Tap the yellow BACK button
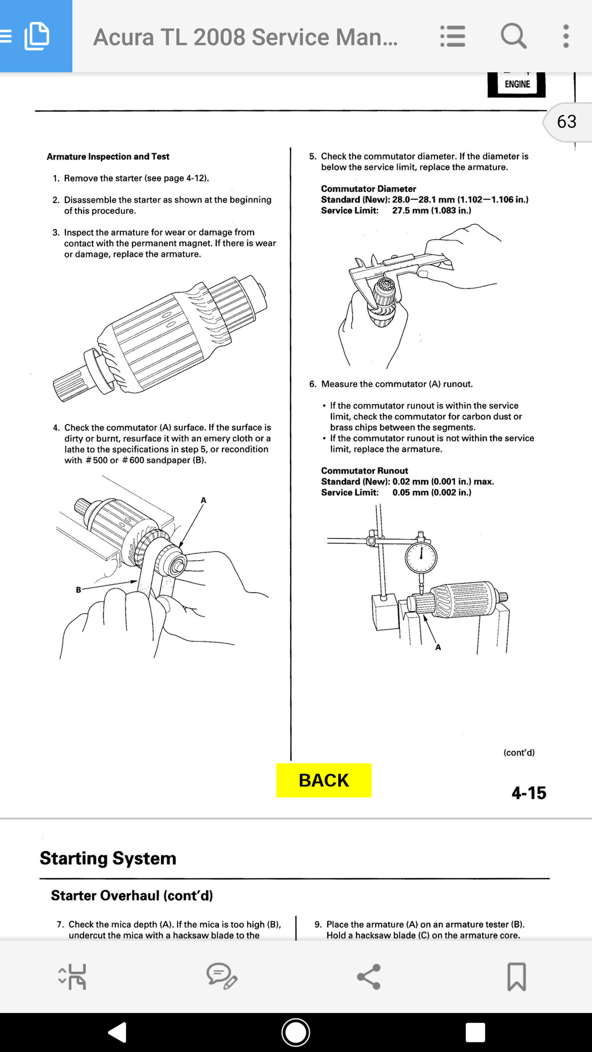tap(324, 780)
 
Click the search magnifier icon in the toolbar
tap(513, 36)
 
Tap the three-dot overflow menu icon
tap(566, 36)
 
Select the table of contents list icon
tap(452, 36)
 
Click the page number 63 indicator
tap(567, 122)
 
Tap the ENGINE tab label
tap(517, 84)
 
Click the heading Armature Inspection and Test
tap(108, 156)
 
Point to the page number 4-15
tap(529, 793)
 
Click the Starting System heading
tap(108, 858)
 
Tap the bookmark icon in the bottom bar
tap(516, 976)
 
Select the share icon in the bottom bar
tap(369, 976)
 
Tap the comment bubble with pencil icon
tap(221, 976)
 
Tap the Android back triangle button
tap(118, 1032)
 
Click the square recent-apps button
tap(475, 1032)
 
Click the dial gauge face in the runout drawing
tap(421, 557)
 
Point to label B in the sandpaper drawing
tap(78, 590)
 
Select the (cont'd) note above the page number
tap(519, 752)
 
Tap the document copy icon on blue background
tap(36, 36)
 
